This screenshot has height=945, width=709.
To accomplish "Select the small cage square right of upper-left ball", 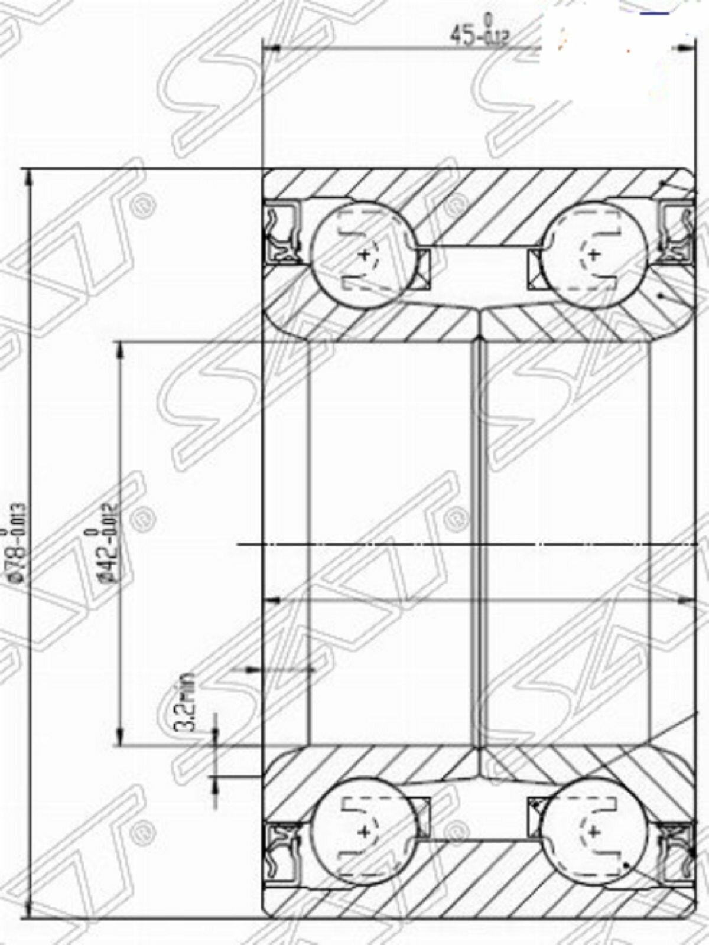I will coord(422,269).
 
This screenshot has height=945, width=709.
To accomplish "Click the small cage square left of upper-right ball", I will coord(535,269).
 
